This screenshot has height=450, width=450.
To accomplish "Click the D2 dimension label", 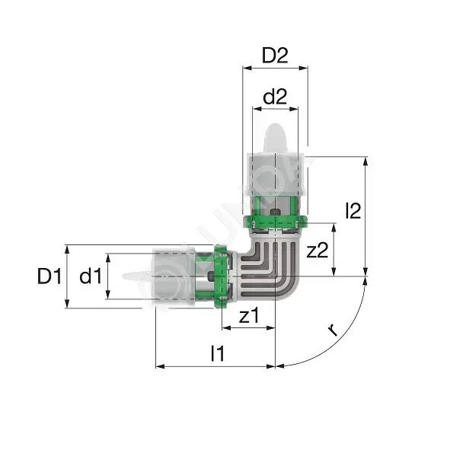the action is click(x=275, y=56).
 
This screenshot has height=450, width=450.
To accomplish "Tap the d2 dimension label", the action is click(x=275, y=97).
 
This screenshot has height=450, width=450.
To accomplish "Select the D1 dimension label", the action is click(x=49, y=276).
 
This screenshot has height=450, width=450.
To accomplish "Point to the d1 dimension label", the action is click(x=91, y=276).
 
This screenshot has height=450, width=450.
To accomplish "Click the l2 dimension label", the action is click(x=353, y=211).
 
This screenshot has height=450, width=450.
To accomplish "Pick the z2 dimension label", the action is click(x=318, y=250).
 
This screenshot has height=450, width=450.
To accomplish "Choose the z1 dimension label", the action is click(x=249, y=315).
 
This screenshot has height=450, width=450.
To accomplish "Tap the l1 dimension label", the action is click(x=218, y=353).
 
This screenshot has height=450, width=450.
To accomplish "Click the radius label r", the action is click(x=333, y=330).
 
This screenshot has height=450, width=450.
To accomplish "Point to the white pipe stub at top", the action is click(x=275, y=139).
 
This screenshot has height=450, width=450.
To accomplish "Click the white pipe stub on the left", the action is click(x=137, y=276).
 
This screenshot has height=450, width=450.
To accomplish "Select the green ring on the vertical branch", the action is click(x=275, y=222).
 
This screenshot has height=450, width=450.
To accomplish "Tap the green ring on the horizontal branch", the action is click(x=220, y=276).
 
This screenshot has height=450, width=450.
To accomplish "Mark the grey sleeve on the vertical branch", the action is click(x=275, y=174).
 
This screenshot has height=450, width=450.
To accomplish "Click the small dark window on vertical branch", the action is click(x=275, y=212).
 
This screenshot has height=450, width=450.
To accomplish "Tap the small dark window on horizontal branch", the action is click(x=211, y=276).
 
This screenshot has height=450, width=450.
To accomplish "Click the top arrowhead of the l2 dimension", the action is click(x=365, y=161).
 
